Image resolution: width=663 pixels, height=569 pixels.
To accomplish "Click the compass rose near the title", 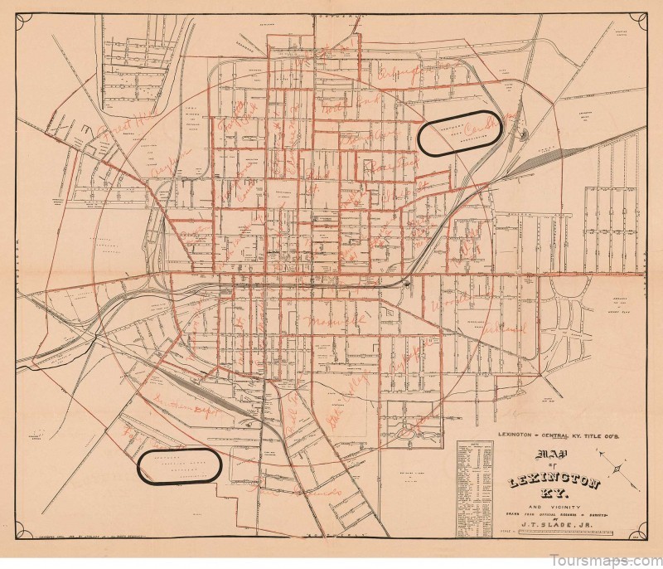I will tap(617, 468).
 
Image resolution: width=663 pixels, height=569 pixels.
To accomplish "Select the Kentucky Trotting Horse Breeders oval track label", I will tap(177, 465).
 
